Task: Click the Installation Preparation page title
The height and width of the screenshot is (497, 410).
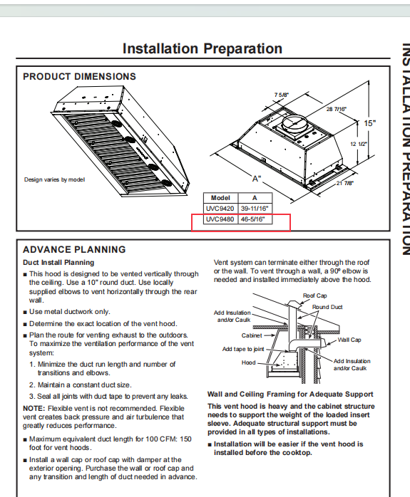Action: pyautogui.click(x=203, y=49)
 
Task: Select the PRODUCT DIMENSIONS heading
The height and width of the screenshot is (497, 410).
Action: pyautogui.click(x=79, y=77)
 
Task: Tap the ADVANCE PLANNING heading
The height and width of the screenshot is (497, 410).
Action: pyautogui.click(x=74, y=250)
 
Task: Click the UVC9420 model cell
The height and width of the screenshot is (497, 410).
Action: pyautogui.click(x=220, y=209)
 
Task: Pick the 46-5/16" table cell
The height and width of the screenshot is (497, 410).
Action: pyautogui.click(x=252, y=219)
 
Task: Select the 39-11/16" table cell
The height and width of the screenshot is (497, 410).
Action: pyautogui.click(x=255, y=209)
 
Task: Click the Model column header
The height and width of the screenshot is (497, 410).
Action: pyautogui.click(x=220, y=198)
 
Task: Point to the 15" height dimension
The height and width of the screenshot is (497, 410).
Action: pyautogui.click(x=369, y=123)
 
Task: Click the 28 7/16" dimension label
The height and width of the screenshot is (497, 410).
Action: pyautogui.click(x=337, y=109)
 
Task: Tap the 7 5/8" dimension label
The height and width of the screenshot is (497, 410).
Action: pyautogui.click(x=282, y=95)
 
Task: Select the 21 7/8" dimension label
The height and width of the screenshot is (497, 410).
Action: pyautogui.click(x=345, y=183)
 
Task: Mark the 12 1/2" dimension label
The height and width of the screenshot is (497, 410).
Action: pyautogui.click(x=359, y=144)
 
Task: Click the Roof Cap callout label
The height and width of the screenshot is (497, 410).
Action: pyautogui.click(x=314, y=295)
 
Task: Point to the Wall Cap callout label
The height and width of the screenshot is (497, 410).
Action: pyautogui.click(x=349, y=340)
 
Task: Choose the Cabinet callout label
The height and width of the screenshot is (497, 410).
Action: pyautogui.click(x=252, y=335)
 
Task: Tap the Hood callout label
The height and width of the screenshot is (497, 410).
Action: pyautogui.click(x=248, y=362)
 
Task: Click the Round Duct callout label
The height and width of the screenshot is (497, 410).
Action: pyautogui.click(x=327, y=307)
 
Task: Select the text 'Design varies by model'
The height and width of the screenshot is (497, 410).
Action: pyautogui.click(x=55, y=179)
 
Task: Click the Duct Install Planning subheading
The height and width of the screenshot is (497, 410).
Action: pyautogui.click(x=58, y=263)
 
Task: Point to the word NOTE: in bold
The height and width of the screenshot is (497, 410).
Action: pyautogui.click(x=34, y=408)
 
